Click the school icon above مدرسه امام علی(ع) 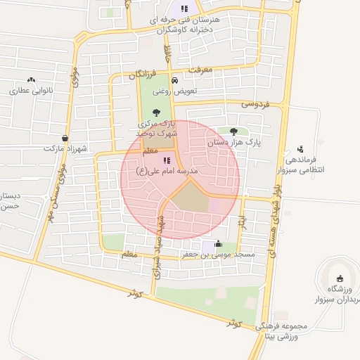click(166, 161)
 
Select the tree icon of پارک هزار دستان click(233, 131)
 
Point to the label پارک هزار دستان click(233, 142)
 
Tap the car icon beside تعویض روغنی click(174, 80)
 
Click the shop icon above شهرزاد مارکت click(65, 139)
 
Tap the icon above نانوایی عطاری click(31, 80)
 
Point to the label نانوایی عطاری click(28, 91)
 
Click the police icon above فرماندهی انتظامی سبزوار click(301, 148)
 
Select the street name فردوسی click(255, 103)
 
